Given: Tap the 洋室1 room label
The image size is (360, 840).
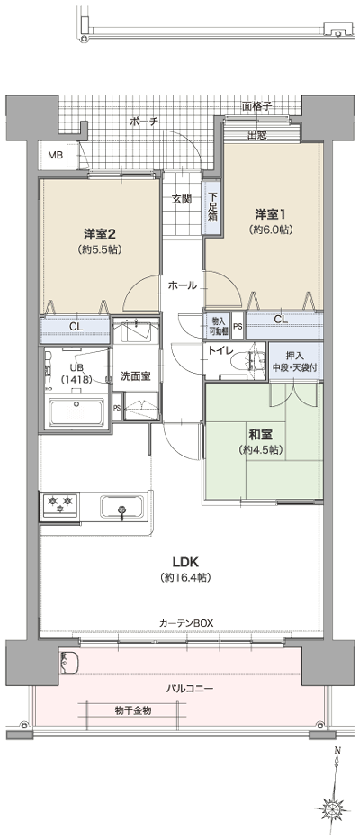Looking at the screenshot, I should [269, 214].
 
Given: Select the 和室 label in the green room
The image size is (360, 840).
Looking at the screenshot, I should [261, 434].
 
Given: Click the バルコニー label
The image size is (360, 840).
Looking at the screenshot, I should [190, 688].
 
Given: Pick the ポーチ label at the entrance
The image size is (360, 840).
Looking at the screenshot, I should [143, 121].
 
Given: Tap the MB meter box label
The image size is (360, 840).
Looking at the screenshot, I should [56, 156].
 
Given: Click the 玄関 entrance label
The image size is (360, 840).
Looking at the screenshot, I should [181, 199].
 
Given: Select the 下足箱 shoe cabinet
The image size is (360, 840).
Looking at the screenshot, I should [213, 208].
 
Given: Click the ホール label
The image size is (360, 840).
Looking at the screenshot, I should [181, 285].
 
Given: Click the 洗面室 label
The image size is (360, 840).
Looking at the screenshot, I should [135, 376].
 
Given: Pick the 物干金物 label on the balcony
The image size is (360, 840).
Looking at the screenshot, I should [133, 710].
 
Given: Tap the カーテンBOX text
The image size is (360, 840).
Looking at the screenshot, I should [186, 622].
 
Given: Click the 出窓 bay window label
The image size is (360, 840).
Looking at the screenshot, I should [256, 136].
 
